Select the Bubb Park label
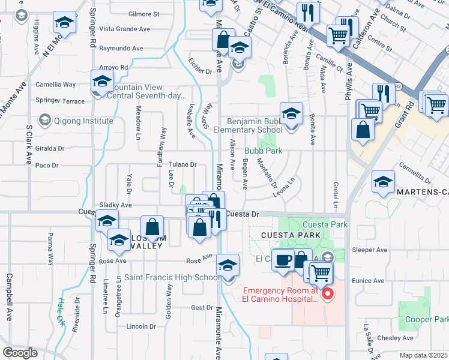pyautogui.click(x=262, y=151)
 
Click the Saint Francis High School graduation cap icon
pyautogui.click(x=228, y=264)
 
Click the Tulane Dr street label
pyautogui.click(x=182, y=164)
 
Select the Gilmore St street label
pyautogui.click(x=143, y=13)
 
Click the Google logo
pyautogui.click(x=20, y=352)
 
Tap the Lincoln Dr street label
pyautogui.click(x=141, y=326)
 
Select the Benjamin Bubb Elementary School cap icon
pyautogui.click(x=291, y=113)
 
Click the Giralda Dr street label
pyautogui.click(x=49, y=148)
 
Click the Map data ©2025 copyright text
pyautogui.click(x=424, y=355)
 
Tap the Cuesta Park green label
pyautogui.click(x=330, y=224)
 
